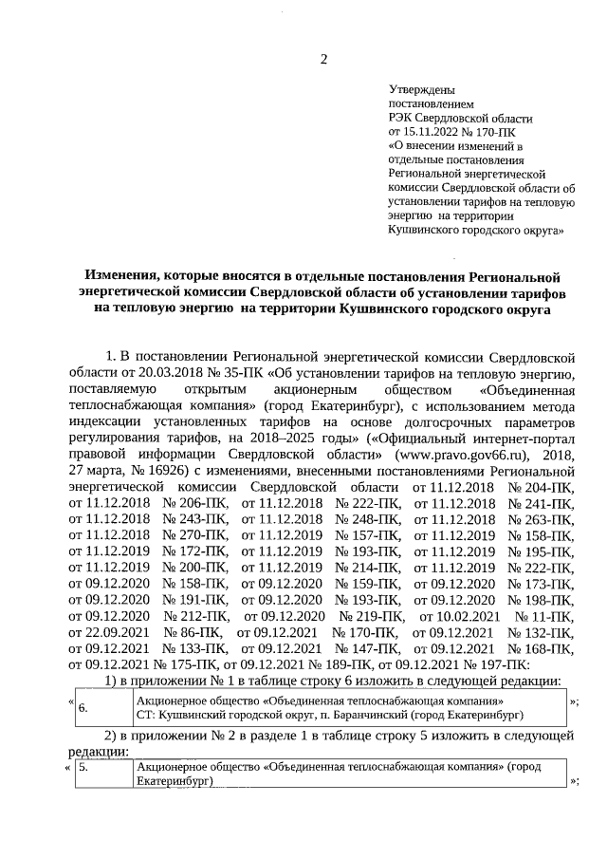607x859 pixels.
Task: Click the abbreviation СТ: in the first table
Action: pos(145,714)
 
